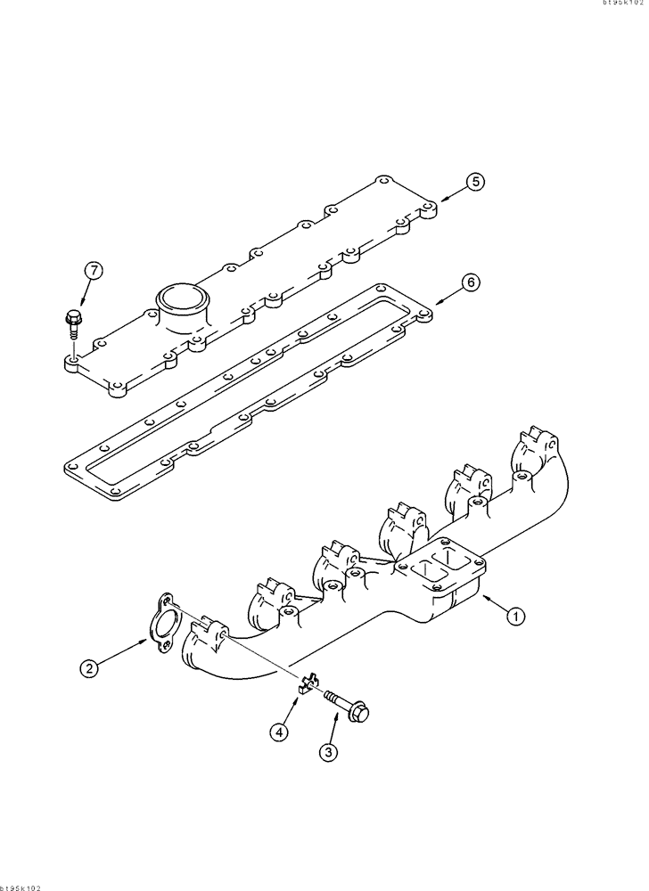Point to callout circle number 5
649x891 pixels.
pos(475,182)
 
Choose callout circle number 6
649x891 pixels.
pos(471,282)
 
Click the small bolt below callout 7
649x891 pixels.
pos(74,323)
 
